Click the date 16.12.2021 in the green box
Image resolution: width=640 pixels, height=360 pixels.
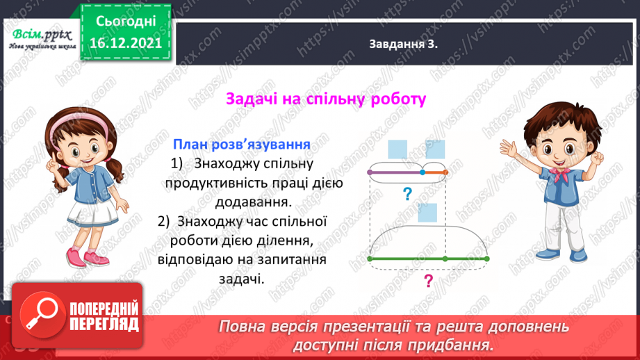coord(124,42)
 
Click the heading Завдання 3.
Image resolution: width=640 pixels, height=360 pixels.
coord(406,45)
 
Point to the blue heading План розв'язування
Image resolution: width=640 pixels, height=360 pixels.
coord(240,145)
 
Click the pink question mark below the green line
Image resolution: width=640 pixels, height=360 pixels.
coord(428,281)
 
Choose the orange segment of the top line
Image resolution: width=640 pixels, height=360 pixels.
coord(434,171)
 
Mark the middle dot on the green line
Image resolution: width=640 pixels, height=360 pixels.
coord(445,259)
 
